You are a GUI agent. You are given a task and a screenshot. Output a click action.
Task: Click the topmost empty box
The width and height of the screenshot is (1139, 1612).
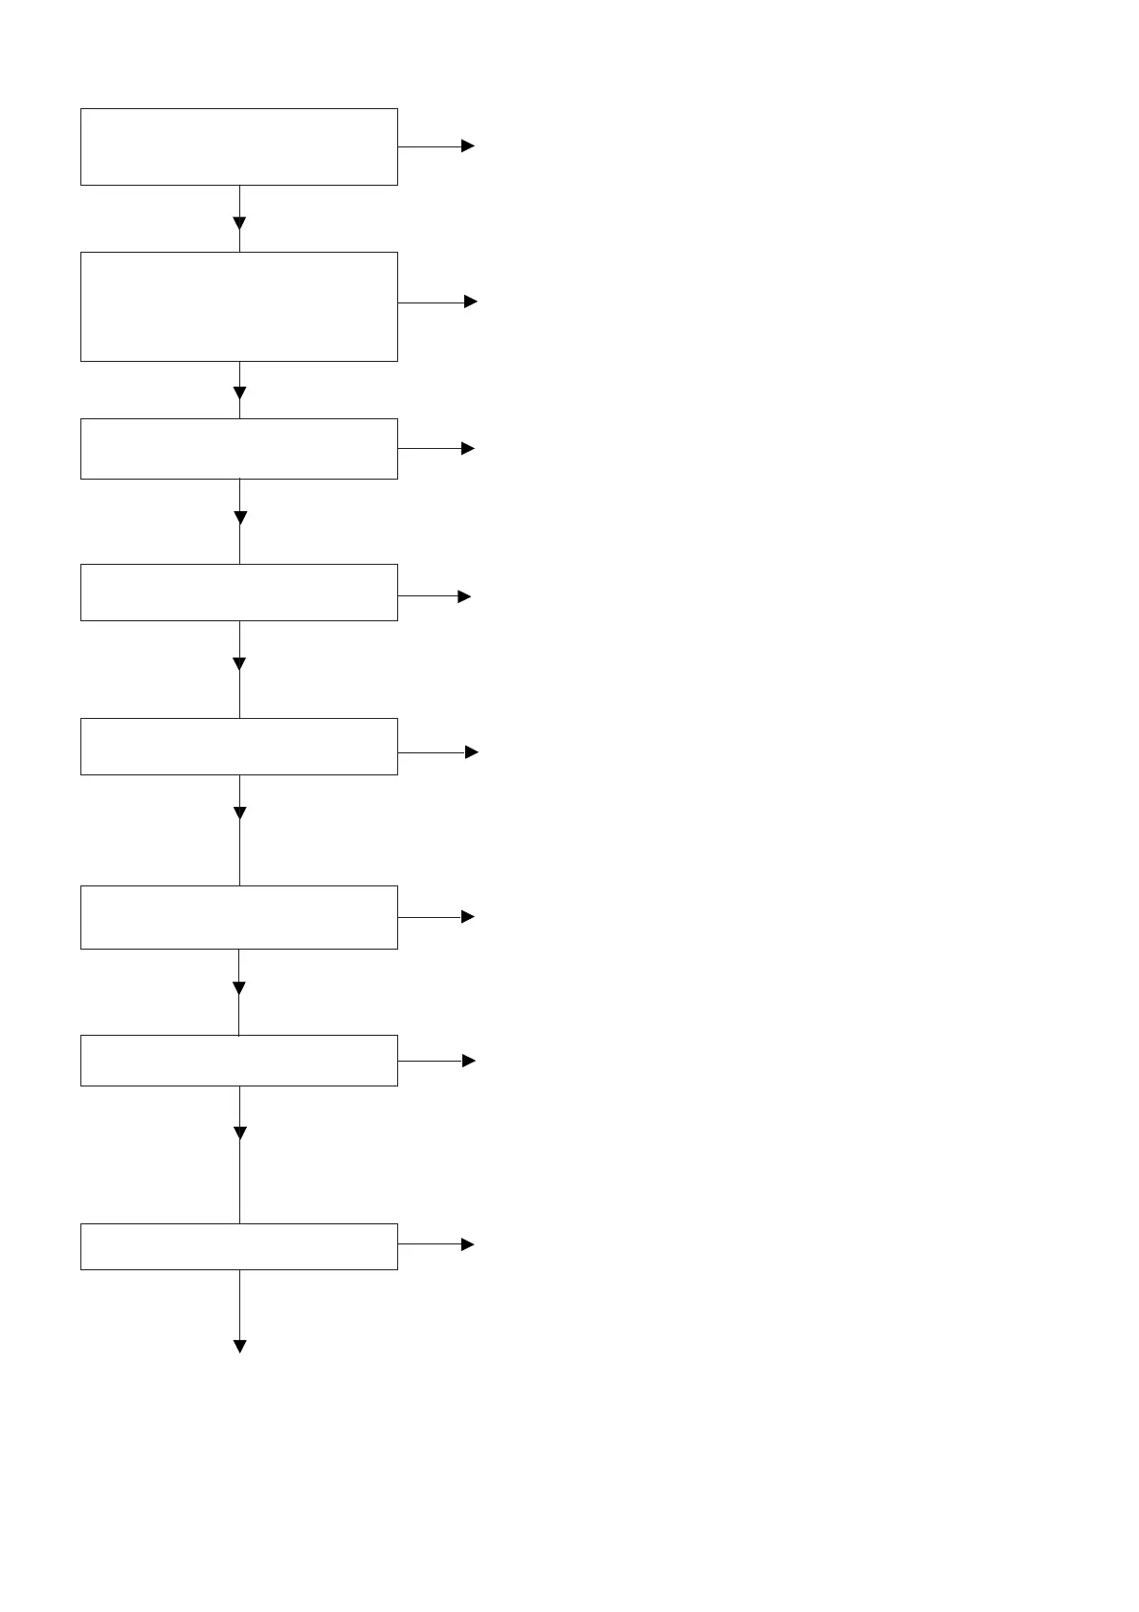[x=238, y=146]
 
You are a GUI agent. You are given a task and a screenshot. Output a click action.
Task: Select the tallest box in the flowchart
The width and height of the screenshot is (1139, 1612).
[x=238, y=306]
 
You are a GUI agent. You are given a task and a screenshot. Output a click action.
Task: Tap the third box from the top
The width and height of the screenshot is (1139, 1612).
[x=238, y=448]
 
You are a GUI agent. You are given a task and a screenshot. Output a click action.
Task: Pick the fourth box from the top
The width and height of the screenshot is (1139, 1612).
[x=238, y=593]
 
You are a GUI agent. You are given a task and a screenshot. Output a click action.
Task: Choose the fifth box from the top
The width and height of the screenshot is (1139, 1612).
[x=238, y=747]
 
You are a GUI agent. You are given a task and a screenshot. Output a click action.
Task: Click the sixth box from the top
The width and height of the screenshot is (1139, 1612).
[x=238, y=917]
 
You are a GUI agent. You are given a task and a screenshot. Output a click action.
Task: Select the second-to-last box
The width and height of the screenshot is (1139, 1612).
[x=238, y=1061]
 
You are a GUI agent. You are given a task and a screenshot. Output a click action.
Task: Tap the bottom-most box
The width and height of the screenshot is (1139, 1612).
[x=238, y=1246]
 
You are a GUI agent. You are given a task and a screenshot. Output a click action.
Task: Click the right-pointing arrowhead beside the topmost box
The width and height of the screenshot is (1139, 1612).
[x=468, y=146]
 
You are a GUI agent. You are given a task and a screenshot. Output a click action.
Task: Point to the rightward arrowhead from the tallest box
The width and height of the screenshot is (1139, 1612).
[x=470, y=302]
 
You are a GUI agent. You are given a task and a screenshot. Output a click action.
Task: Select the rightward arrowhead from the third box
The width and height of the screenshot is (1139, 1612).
[x=468, y=448]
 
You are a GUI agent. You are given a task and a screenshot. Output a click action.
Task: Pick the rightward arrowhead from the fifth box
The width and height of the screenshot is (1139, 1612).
[x=471, y=752]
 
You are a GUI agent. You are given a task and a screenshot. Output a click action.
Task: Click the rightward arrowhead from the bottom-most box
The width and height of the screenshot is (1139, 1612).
[x=468, y=1244]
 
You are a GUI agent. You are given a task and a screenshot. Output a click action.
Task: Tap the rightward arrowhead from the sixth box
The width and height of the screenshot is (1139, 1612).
[x=468, y=917]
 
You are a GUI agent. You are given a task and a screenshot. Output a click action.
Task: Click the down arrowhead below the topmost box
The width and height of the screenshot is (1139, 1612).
[x=239, y=223]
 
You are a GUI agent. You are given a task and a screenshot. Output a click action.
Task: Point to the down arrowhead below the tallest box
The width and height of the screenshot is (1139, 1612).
[x=239, y=392]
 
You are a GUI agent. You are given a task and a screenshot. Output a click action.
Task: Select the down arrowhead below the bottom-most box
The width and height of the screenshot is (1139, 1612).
[x=239, y=1346]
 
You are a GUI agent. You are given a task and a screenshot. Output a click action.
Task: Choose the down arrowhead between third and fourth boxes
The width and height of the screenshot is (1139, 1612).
[x=239, y=518]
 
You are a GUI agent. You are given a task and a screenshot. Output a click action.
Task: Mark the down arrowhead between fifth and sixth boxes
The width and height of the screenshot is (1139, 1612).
[x=239, y=814]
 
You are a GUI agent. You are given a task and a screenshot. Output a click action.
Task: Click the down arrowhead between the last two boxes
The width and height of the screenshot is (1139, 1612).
[x=239, y=1133]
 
